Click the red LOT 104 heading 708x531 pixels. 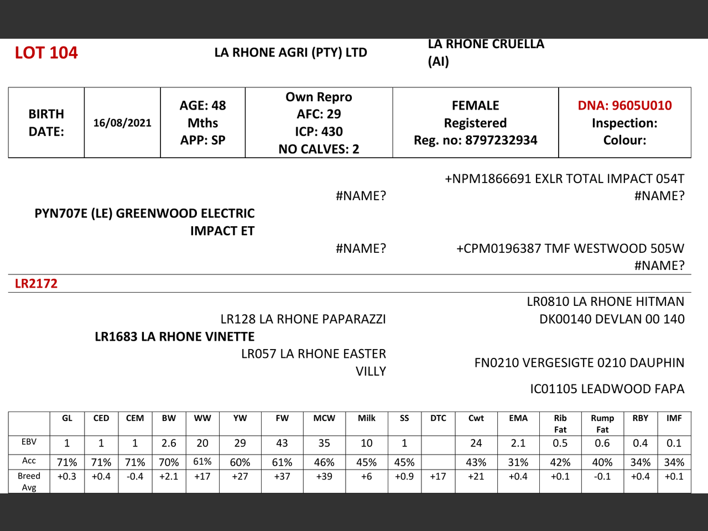(x=46, y=53)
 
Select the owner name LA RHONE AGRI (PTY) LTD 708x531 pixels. (x=290, y=53)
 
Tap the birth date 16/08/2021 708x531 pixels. (x=122, y=123)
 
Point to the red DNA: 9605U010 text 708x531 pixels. (x=624, y=105)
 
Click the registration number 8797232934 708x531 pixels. (x=501, y=140)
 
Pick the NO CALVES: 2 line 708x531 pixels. (x=319, y=149)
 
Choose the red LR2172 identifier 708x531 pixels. (x=36, y=283)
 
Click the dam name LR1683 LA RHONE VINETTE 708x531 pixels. (x=175, y=336)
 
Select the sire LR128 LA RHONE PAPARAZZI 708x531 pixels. (x=303, y=319)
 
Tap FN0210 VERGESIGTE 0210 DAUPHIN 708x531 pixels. (x=579, y=363)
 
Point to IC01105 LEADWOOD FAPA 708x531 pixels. (x=607, y=389)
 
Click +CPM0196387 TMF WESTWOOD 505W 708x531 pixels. (x=570, y=248)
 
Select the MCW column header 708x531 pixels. (x=324, y=418)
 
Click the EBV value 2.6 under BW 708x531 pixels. (x=169, y=443)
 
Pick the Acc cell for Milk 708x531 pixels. (x=366, y=462)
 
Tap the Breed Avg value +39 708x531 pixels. (x=324, y=476)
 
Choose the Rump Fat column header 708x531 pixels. (x=602, y=424)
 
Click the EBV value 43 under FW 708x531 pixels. (x=282, y=443)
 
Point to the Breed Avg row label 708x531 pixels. (x=29, y=481)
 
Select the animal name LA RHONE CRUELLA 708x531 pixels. (x=486, y=44)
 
